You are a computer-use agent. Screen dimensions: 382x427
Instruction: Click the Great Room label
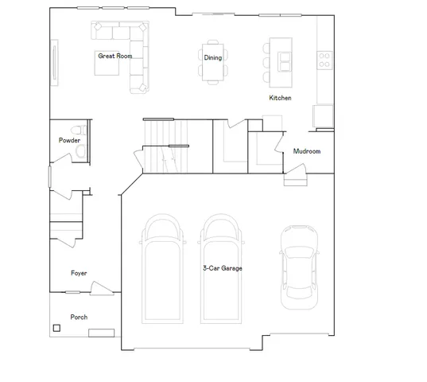click(x=115, y=57)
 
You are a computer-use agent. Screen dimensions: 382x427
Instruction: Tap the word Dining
click(x=213, y=57)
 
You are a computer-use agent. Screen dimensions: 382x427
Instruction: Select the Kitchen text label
click(x=280, y=98)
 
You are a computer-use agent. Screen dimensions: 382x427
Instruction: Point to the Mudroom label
click(x=306, y=151)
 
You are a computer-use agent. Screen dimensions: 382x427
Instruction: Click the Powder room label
click(x=69, y=140)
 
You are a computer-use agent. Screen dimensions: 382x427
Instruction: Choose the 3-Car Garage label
click(x=222, y=268)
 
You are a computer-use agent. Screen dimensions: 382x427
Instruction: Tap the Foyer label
click(x=79, y=273)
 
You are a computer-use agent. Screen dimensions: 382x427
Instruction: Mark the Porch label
click(x=79, y=317)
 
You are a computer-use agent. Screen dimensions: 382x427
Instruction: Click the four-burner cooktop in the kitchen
click(x=324, y=57)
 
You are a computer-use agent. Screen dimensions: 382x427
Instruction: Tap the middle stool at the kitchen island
click(x=266, y=62)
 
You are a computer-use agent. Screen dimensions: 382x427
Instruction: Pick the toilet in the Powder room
click(x=76, y=129)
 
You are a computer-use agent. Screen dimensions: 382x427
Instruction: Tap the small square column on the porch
click(x=56, y=327)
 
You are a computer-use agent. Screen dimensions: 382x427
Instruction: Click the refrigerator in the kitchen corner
click(x=324, y=117)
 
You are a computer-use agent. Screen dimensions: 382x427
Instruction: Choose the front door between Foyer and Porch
click(x=100, y=291)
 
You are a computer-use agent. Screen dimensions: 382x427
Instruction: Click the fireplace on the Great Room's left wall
click(x=55, y=61)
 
